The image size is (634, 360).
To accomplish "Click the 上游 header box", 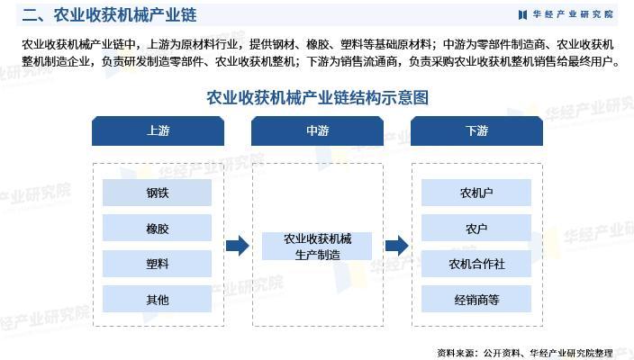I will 158,130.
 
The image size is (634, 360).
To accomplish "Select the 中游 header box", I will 317,130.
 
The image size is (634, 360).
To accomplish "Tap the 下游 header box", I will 476,130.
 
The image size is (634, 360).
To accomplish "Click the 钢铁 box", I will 158,193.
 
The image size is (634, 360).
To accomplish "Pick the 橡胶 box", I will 158,229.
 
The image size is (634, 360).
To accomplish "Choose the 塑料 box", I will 158,264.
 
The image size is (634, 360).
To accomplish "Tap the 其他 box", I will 158,299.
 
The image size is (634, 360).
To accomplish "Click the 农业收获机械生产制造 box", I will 317,247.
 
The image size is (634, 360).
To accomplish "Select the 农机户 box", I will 476,193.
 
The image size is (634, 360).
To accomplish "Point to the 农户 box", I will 476,229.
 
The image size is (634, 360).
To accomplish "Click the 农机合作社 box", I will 476,264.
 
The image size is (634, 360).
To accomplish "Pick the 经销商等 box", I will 476,299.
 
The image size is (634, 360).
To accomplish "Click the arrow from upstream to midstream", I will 237,246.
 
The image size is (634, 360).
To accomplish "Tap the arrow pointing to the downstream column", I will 396,246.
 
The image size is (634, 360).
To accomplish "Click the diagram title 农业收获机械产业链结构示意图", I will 317,96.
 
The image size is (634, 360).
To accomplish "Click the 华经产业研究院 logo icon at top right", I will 523,14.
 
